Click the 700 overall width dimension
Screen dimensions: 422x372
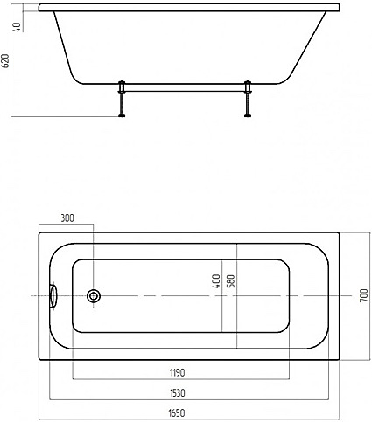click(361, 295)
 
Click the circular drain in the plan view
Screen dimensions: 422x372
click(94, 296)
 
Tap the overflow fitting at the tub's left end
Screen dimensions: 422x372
click(54, 296)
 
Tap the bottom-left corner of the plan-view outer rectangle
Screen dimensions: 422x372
click(38, 360)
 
